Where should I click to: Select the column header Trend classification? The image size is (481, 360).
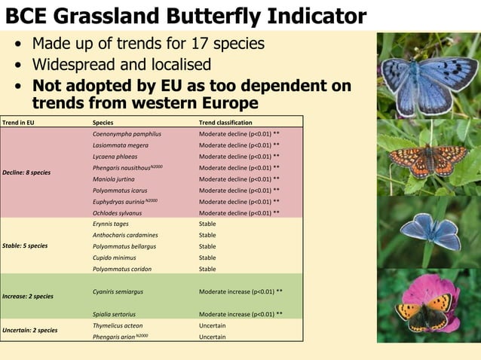click(x=225, y=122)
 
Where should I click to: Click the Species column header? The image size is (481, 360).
click(x=103, y=122)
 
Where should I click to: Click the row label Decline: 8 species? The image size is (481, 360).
click(x=26, y=172)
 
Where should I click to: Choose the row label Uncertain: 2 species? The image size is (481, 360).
click(x=29, y=330)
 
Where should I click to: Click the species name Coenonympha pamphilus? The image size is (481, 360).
click(x=126, y=134)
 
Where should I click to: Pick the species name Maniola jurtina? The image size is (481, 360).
click(x=115, y=179)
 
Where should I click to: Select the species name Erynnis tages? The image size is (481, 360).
click(x=110, y=224)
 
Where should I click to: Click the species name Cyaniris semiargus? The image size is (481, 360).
click(x=118, y=291)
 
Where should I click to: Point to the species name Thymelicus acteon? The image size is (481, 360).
click(x=118, y=325)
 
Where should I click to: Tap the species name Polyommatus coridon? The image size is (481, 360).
click(x=121, y=269)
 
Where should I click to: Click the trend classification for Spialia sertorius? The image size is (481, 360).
click(x=240, y=313)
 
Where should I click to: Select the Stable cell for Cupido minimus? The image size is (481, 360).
click(x=207, y=258)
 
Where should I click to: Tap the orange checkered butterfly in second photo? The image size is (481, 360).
click(x=426, y=160)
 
